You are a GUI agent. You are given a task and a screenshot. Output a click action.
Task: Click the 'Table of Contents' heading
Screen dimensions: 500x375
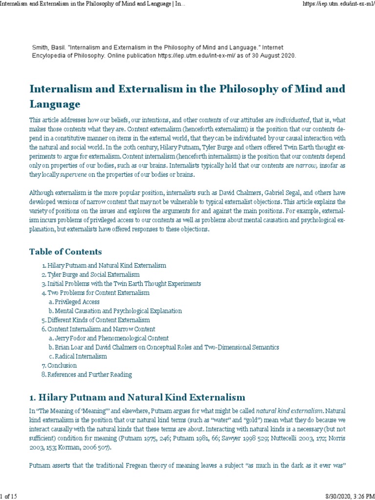pyautogui.click(x=65, y=252)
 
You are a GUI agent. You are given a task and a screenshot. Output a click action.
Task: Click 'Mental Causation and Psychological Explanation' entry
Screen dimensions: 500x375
pyautogui.click(x=118, y=311)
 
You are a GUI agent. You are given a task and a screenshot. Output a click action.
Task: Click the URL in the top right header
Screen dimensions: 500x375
pyautogui.click(x=337, y=4)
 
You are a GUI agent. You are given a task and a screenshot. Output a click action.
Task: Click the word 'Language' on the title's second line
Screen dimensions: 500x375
pyautogui.click(x=55, y=104)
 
